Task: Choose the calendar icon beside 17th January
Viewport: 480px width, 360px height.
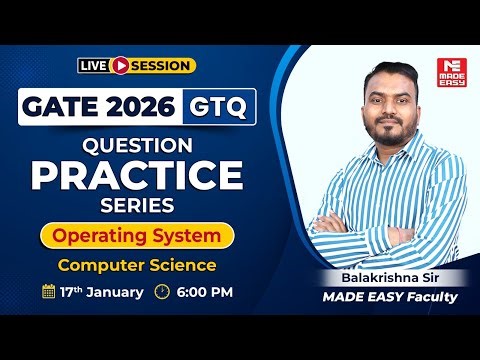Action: [48, 293]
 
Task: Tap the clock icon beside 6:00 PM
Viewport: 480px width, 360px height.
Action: [163, 293]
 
